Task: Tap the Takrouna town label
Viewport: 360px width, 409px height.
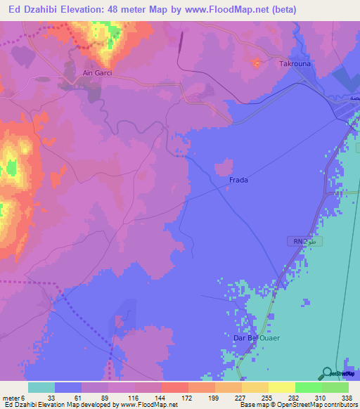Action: click(x=295, y=63)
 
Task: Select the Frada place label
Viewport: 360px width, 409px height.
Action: click(x=239, y=180)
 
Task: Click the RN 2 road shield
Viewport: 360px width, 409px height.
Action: click(x=299, y=241)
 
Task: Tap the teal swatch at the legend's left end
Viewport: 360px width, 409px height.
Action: click(x=41, y=387)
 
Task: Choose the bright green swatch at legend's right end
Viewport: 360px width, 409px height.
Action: click(x=335, y=387)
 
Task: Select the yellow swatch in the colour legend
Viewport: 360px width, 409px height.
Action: click(x=281, y=387)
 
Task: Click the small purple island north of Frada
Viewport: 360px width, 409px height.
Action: click(x=224, y=167)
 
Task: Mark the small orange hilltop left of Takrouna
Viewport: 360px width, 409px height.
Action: click(x=256, y=64)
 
